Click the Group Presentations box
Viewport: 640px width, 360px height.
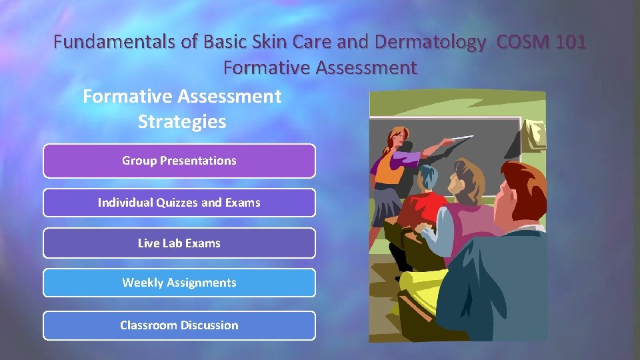pyautogui.click(x=179, y=161)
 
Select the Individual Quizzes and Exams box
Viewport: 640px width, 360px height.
pyautogui.click(x=179, y=203)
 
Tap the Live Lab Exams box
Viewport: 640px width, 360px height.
pyautogui.click(x=179, y=243)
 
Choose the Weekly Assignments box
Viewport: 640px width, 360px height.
pyautogui.click(x=179, y=283)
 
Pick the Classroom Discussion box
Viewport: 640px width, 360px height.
pyautogui.click(x=179, y=325)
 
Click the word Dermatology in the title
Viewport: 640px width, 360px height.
pyautogui.click(x=430, y=43)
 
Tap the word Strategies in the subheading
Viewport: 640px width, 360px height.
pyautogui.click(x=182, y=122)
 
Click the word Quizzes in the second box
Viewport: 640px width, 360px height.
pyautogui.click(x=176, y=203)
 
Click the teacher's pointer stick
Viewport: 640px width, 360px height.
pyautogui.click(x=453, y=141)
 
